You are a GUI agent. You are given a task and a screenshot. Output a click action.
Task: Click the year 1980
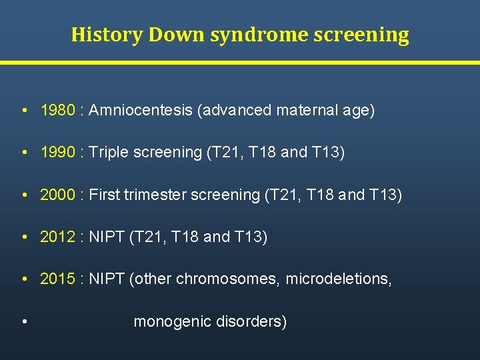click(x=57, y=110)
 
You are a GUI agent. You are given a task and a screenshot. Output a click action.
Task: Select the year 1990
click(x=57, y=152)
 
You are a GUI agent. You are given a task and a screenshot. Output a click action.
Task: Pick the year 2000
click(x=57, y=195)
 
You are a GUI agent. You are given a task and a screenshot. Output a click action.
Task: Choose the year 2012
click(x=57, y=237)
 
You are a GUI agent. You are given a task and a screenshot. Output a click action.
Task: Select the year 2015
click(x=57, y=279)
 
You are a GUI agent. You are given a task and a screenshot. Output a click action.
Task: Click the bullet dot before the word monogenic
click(x=24, y=322)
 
